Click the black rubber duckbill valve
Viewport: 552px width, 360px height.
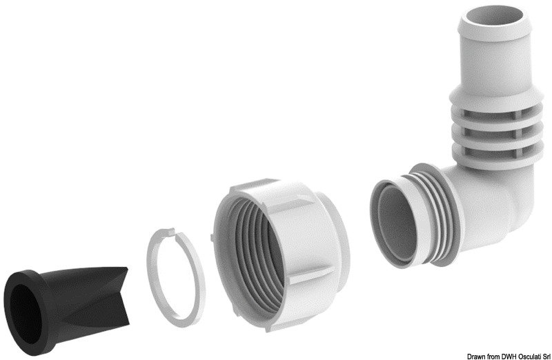tap(67, 306)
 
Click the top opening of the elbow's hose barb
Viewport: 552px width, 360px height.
tap(495, 14)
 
